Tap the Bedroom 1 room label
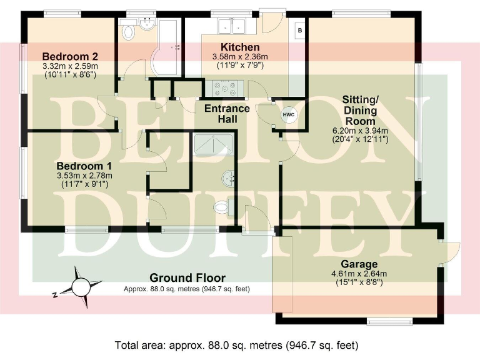[84, 166]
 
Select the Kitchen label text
[240, 47]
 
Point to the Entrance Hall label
[227, 114]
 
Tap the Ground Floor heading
[187, 278]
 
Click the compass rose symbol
[80, 286]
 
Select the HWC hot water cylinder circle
[288, 115]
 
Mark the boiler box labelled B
[299, 30]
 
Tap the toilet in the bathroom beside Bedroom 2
[129, 31]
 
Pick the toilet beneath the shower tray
[222, 206]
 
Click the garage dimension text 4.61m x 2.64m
[359, 273]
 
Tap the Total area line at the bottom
[237, 345]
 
